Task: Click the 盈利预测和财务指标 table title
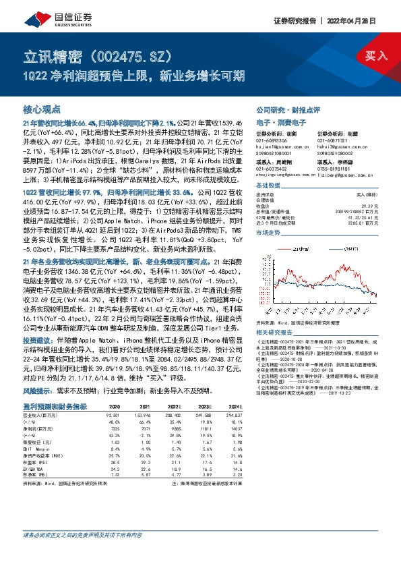pos(55,407)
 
